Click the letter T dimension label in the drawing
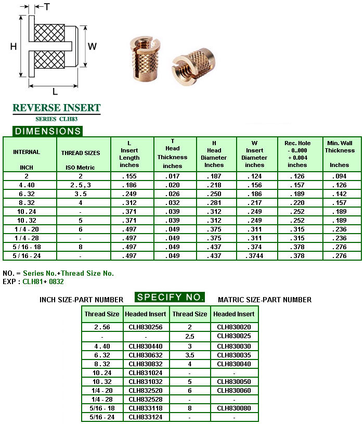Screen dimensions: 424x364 47,7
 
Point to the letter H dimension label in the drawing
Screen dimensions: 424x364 14,46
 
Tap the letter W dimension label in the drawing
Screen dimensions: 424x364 92,46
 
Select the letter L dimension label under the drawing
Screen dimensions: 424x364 55,92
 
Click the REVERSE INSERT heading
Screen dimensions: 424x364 56,108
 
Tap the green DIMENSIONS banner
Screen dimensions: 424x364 47,131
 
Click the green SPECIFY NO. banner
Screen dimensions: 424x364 170,298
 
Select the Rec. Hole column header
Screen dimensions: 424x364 297,154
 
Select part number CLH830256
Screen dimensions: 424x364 146,327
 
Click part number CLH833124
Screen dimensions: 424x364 146,417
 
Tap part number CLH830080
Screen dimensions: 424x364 234,408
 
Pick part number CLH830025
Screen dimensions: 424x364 234,336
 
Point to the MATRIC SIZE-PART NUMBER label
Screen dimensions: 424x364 265,300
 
